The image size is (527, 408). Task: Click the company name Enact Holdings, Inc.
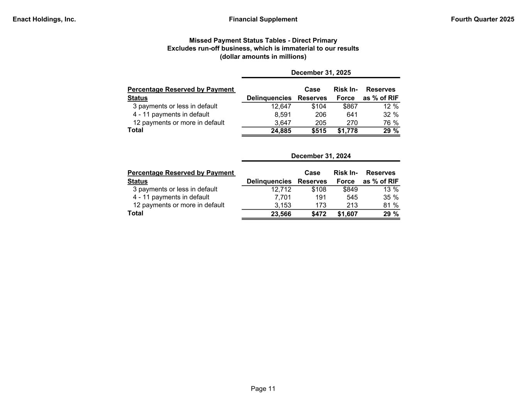pos(44,19)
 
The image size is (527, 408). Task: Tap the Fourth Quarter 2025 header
pos(482,19)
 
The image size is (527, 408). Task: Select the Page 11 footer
pos(263,389)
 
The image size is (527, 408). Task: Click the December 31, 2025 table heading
pos(321,73)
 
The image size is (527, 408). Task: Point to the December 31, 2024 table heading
pos(321,156)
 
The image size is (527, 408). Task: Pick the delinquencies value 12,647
pos(281,106)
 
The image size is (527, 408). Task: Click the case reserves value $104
pos(319,106)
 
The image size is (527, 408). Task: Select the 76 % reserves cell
pos(391,123)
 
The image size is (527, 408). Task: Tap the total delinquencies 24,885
pos(281,131)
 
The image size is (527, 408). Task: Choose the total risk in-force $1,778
pos(347,131)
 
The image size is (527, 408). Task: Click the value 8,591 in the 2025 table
pos(283,114)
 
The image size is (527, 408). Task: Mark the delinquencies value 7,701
pos(283,197)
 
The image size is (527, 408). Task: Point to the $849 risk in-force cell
pos(350,189)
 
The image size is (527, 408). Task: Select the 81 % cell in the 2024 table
pos(391,205)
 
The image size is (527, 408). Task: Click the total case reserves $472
pos(319,214)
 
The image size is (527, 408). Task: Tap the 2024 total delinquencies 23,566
pos(281,214)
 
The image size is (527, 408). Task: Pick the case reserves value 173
pos(320,205)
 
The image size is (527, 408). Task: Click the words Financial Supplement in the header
pos(263,19)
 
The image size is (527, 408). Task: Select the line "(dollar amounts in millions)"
pos(263,57)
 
